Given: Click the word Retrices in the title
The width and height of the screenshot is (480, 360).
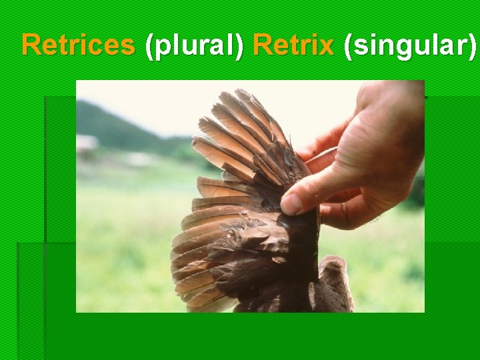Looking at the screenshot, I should click(77, 45).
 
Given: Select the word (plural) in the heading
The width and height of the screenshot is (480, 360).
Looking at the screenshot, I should click(194, 46).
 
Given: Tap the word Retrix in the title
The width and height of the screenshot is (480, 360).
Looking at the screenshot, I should click(293, 45).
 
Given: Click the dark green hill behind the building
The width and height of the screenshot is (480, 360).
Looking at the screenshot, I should click(113, 123).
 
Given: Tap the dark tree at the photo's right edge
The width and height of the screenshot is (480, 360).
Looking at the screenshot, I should click(417, 187).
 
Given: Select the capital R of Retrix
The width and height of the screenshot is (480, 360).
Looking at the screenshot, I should click(262, 45).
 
